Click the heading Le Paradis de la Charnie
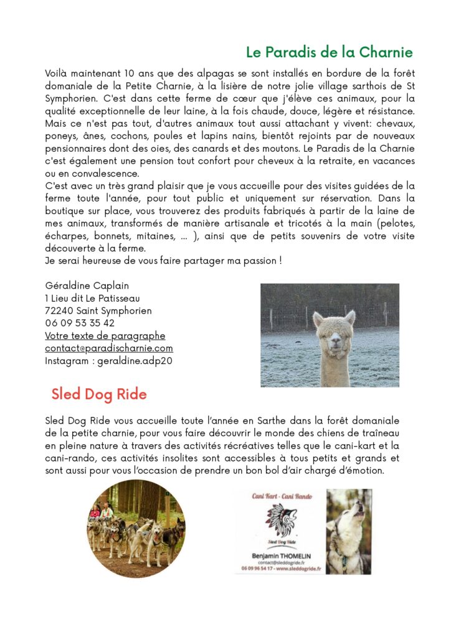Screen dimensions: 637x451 (x=329, y=52)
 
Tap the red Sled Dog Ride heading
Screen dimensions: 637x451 (x=99, y=394)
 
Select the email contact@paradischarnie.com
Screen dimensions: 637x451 (x=109, y=348)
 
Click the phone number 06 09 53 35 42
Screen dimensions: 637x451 (x=80, y=323)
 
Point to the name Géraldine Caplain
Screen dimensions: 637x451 (x=87, y=286)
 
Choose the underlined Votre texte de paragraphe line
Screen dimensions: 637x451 (x=105, y=336)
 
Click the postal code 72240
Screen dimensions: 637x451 (x=59, y=311)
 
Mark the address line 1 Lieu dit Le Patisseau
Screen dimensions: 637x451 (x=92, y=299)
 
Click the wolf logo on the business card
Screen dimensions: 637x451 (x=282, y=519)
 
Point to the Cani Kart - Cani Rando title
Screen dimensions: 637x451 (x=282, y=496)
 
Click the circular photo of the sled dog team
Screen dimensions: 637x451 (x=136, y=529)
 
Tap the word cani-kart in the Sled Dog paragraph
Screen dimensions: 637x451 (x=364, y=446)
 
